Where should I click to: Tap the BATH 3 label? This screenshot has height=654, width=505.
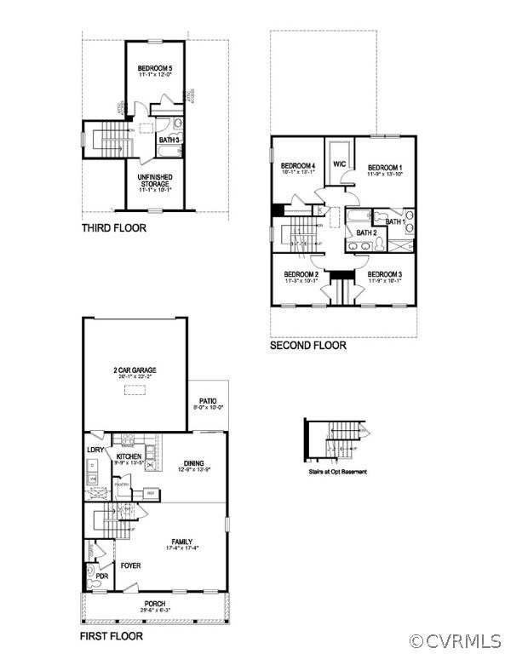(168, 140)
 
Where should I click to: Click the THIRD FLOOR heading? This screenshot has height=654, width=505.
(114, 228)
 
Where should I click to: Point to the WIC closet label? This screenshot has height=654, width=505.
(338, 163)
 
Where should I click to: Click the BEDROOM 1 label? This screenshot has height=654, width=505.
(385, 167)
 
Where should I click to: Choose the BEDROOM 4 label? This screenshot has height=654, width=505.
(298, 165)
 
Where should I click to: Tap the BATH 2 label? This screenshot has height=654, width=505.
(366, 232)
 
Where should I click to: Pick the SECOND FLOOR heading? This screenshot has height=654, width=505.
(308, 346)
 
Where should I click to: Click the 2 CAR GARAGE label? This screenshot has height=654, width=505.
(135, 370)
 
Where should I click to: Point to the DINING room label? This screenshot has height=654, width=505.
(194, 463)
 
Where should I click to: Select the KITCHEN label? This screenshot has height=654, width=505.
(129, 457)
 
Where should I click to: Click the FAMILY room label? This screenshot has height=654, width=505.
(181, 542)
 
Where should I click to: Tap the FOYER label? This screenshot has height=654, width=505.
(131, 565)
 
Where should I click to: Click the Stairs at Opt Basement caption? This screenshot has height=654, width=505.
(338, 470)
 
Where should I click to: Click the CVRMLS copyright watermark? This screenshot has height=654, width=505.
(457, 640)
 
